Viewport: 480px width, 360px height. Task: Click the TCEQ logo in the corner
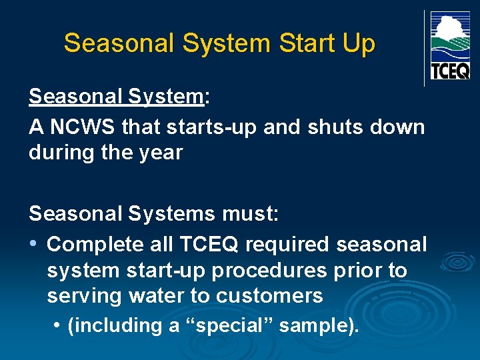[450, 46]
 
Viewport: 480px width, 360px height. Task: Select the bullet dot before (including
[59, 326]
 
